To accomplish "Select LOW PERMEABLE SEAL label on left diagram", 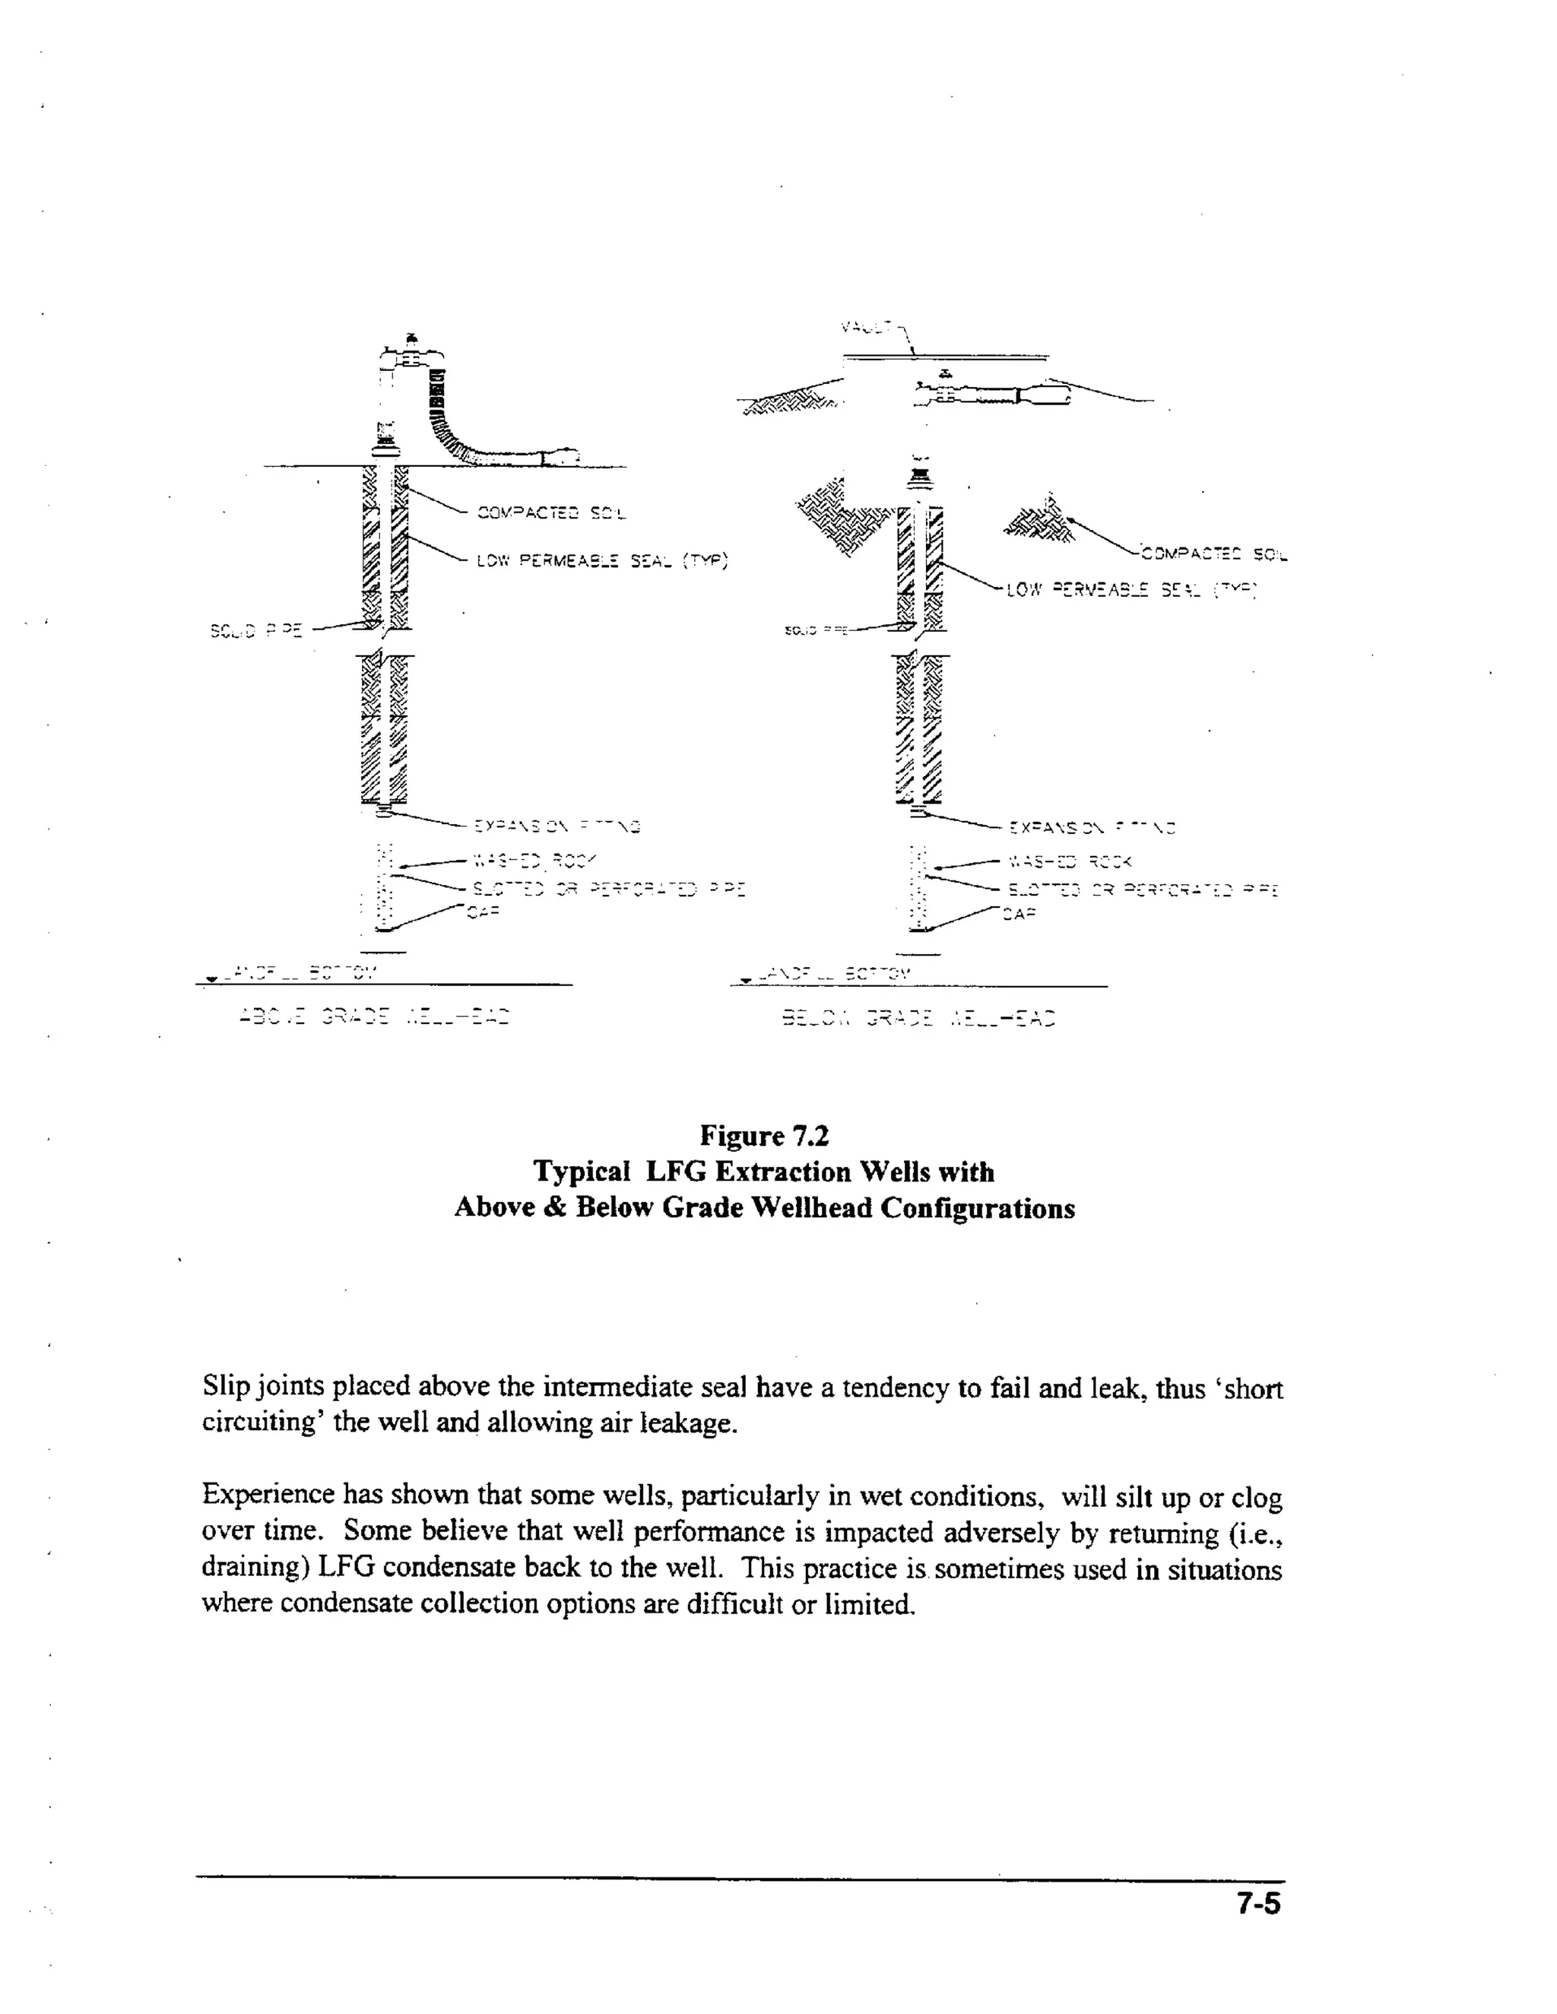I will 601,560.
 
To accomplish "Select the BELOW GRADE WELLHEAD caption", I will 918,1019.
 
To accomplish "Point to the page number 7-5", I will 1258,1905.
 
